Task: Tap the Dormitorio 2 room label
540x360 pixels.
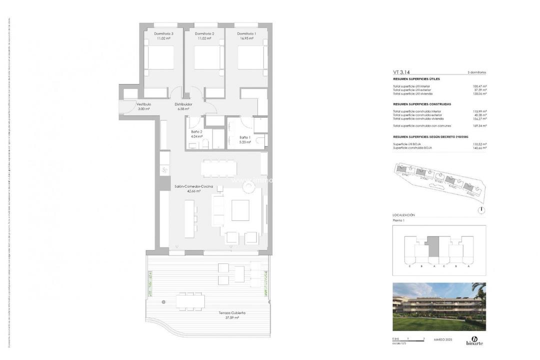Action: [204, 33]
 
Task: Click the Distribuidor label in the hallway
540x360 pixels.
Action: [183, 104]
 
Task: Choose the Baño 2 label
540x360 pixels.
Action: [196, 131]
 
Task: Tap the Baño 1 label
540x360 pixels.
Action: [245, 137]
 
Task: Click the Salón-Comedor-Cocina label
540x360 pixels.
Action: [193, 186]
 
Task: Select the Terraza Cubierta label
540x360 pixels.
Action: [232, 313]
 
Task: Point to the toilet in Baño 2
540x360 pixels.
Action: [205, 144]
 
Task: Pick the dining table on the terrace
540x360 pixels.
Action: [190, 301]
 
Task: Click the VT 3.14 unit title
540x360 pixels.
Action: [402, 72]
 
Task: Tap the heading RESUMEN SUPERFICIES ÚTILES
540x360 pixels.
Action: [416, 79]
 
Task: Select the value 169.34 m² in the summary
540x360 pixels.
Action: [479, 126]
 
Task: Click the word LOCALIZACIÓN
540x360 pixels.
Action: [404, 215]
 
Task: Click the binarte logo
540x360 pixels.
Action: [474, 340]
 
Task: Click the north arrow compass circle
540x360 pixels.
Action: [481, 210]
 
